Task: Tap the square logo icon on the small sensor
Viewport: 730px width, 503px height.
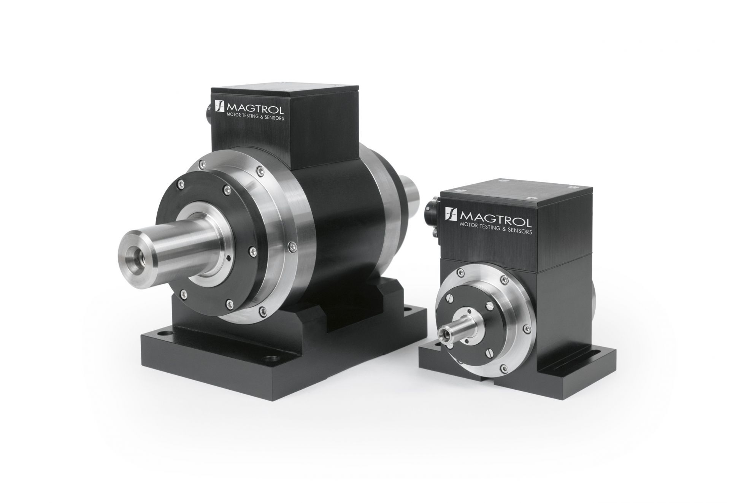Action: (451, 216)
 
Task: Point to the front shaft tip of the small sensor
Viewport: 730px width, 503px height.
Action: (444, 335)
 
